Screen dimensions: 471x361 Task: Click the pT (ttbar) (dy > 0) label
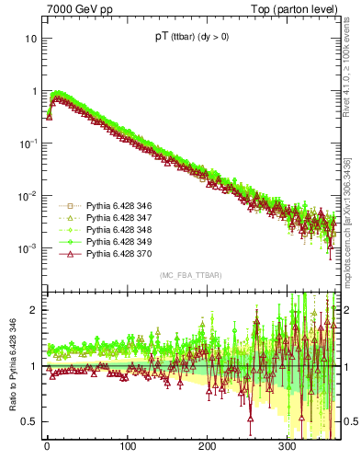(192, 37)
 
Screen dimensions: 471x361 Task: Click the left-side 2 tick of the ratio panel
(33, 310)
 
